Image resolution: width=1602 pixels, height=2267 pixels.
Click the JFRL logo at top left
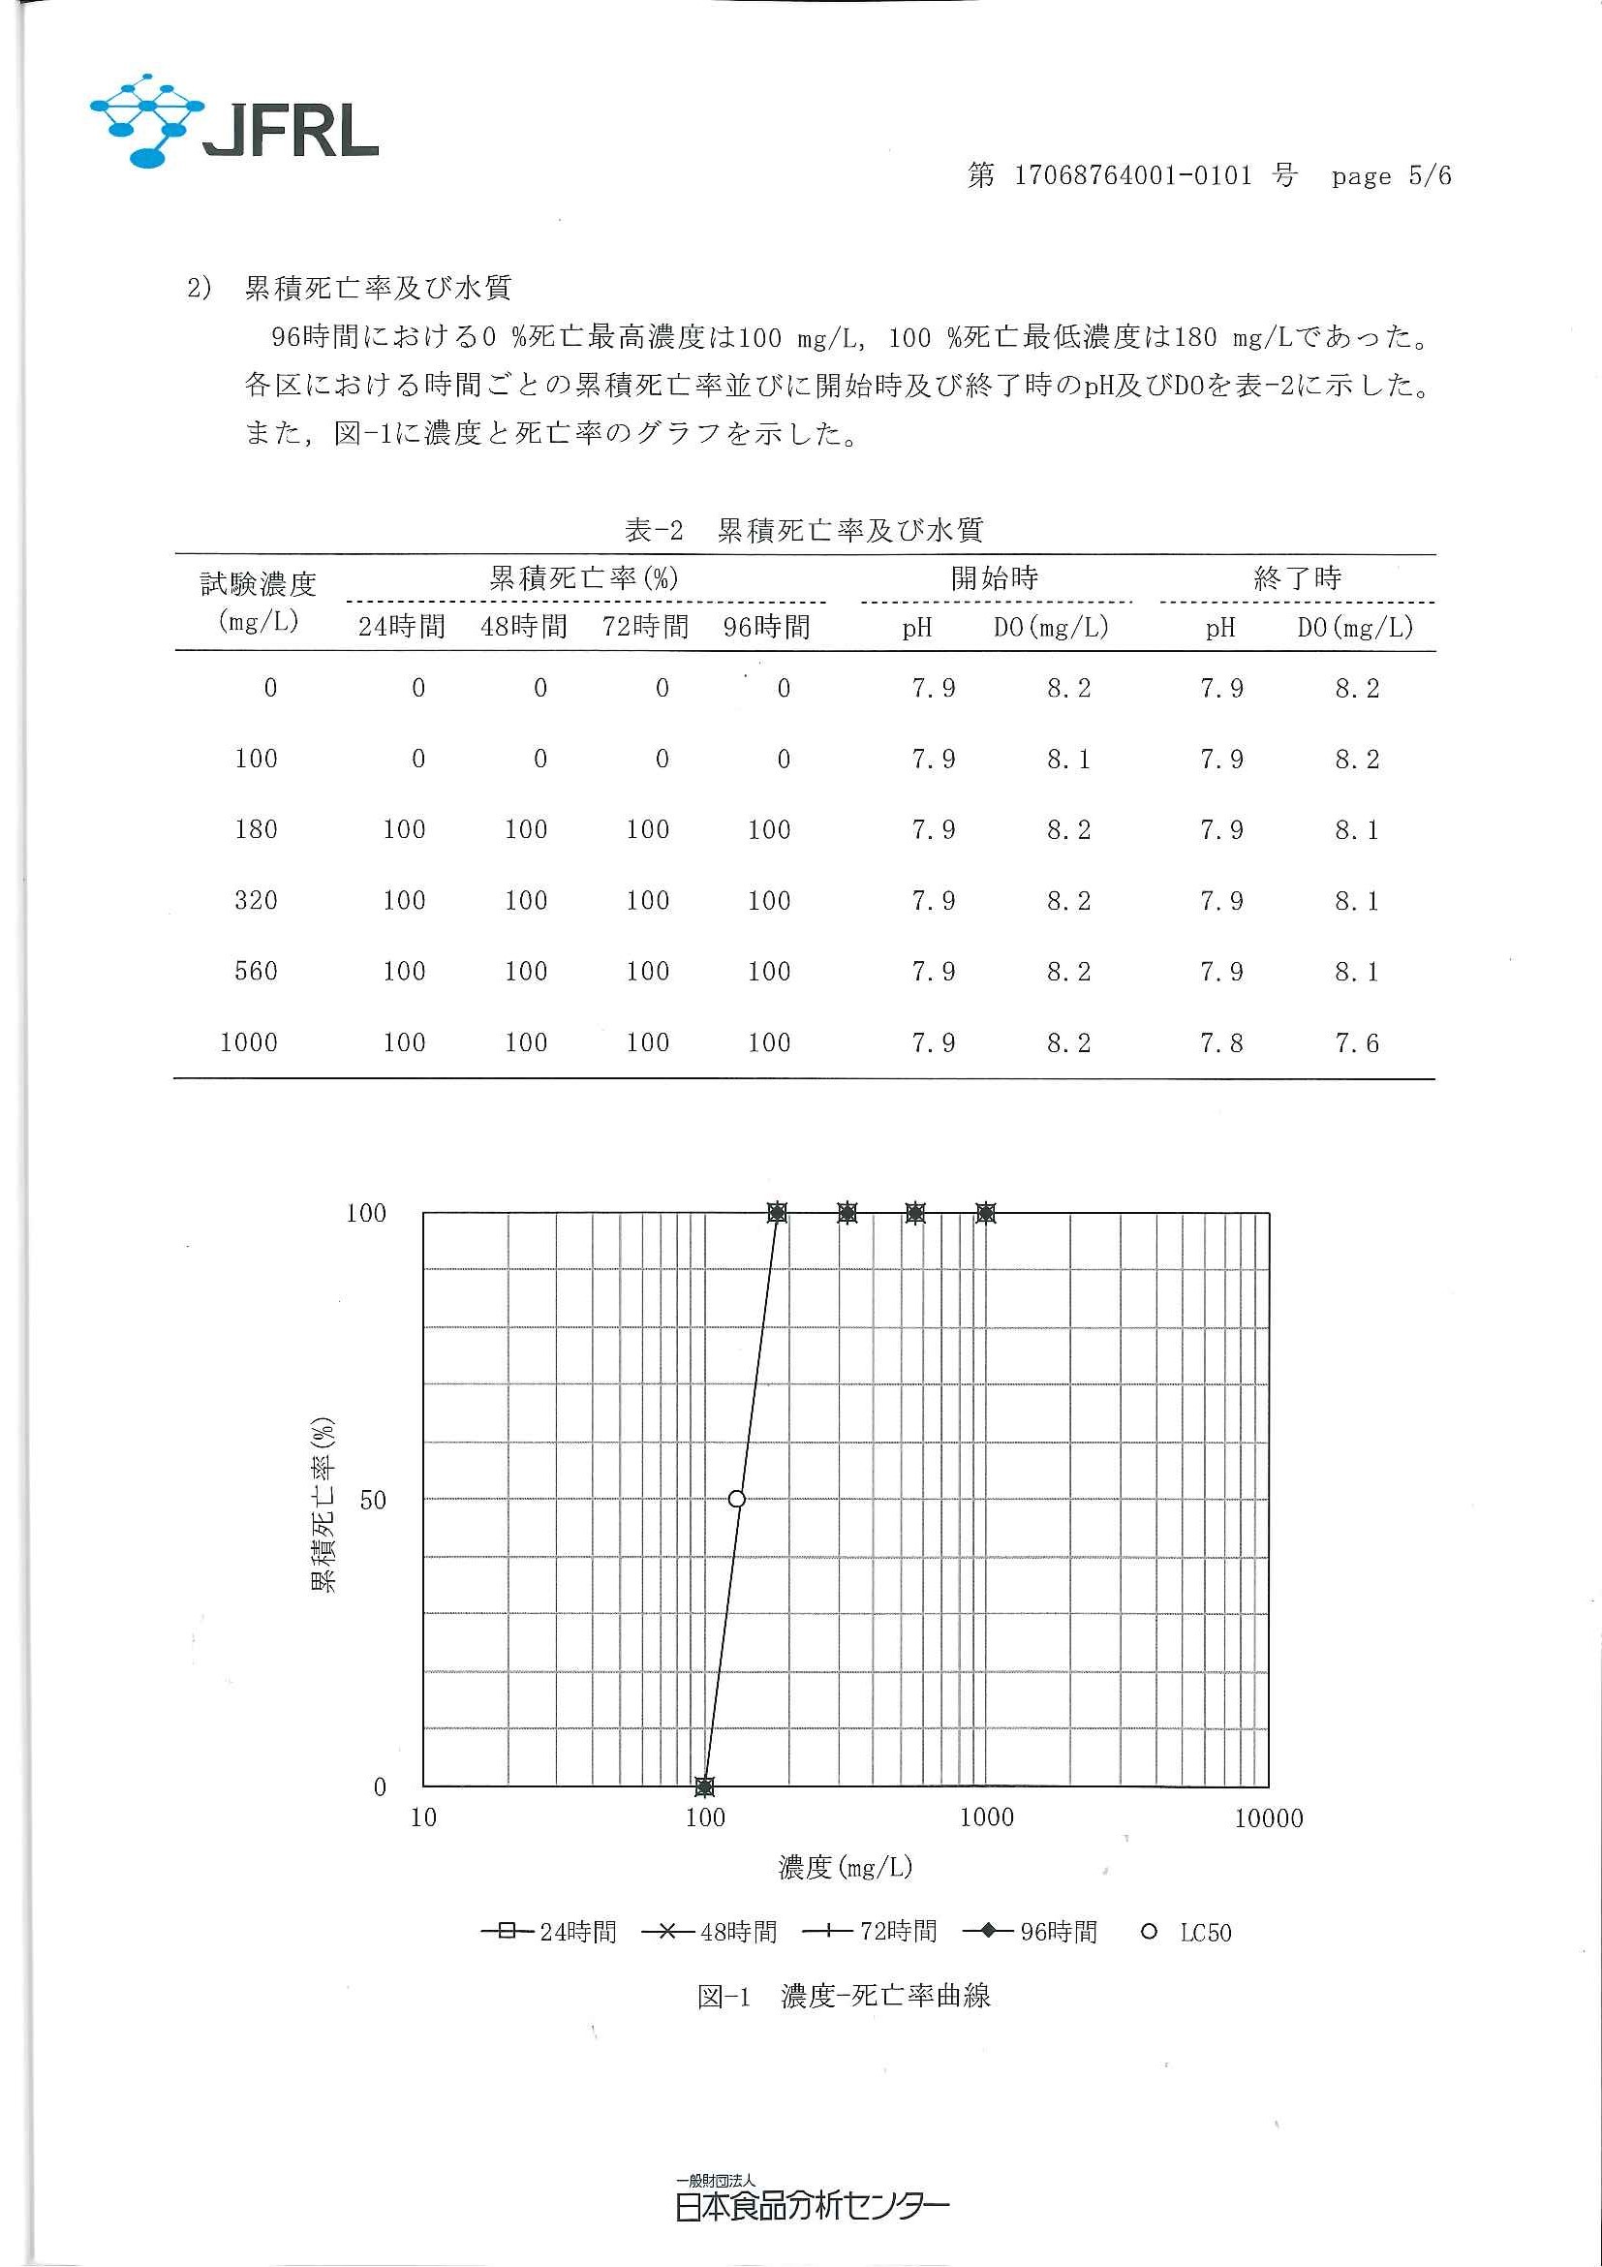234,122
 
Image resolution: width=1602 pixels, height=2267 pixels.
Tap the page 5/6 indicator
1391,176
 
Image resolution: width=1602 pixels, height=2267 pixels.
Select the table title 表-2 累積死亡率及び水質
805,531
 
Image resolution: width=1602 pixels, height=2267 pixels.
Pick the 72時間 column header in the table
645,627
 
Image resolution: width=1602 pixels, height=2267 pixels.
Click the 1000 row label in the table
249,1042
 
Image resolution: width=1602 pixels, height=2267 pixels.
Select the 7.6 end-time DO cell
1356,1042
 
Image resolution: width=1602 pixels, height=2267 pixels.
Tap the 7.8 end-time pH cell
1221,1042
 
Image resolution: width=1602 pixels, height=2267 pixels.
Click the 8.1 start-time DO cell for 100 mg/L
1069,760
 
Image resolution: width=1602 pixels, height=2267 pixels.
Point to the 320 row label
256,900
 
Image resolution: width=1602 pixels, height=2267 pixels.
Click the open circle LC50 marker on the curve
736,1499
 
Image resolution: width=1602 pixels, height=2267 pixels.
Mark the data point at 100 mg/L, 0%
704,1786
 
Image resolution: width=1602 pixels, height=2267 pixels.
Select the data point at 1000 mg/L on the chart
985,1213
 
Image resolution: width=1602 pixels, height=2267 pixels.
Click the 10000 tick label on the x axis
1269,1818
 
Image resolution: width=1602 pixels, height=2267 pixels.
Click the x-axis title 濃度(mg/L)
846,1867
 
